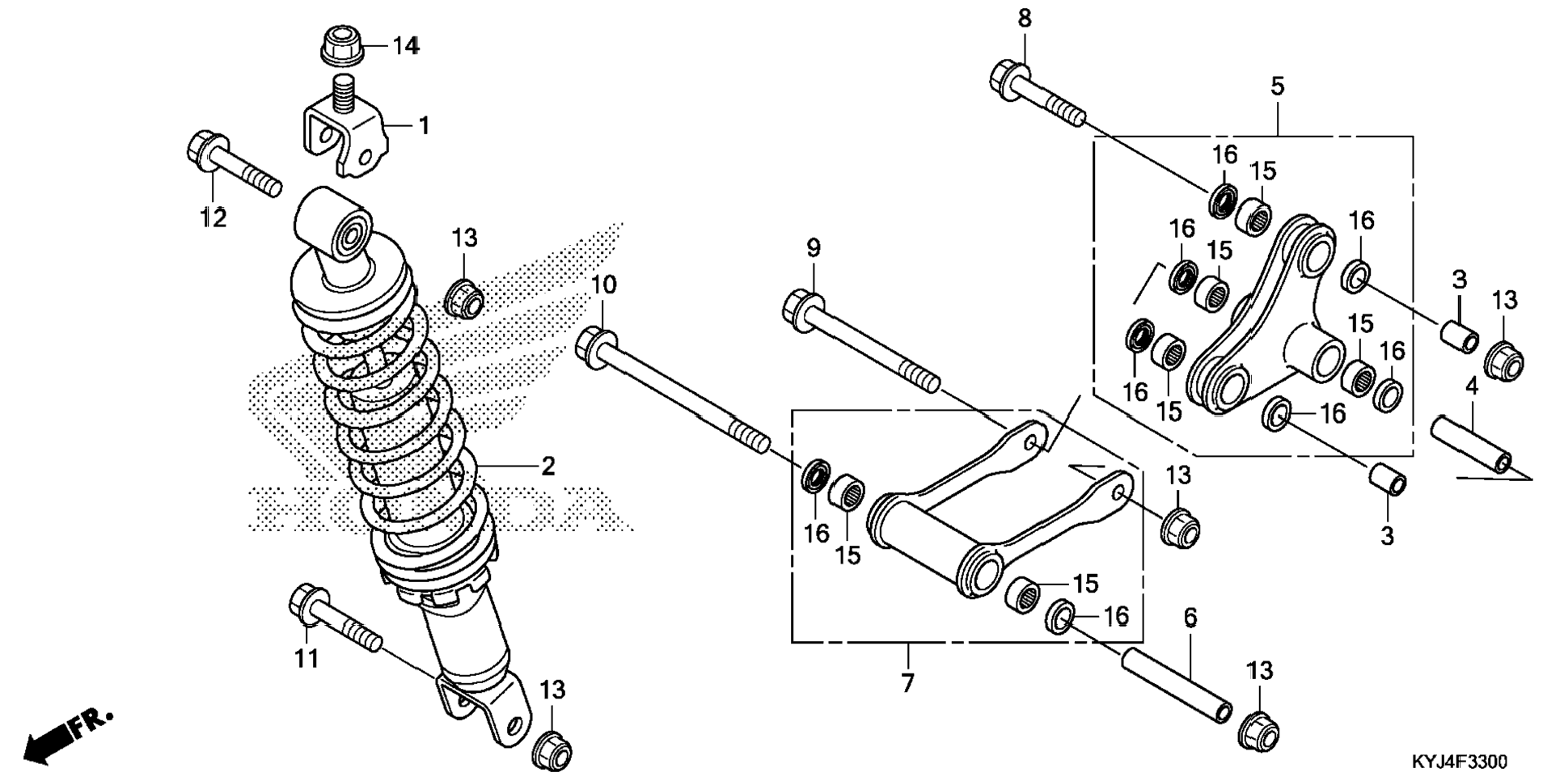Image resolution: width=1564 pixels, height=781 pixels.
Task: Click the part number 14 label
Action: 406,46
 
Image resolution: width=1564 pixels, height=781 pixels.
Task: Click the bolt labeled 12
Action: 230,166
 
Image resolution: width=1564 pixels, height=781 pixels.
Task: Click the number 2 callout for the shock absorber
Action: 548,466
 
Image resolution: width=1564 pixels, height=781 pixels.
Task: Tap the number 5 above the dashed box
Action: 1277,87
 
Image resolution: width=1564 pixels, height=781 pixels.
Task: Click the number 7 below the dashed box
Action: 907,683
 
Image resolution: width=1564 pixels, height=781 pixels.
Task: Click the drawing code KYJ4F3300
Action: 1459,762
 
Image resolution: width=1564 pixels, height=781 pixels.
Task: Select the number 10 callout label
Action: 603,285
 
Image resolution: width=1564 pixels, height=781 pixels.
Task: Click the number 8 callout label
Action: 1025,19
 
